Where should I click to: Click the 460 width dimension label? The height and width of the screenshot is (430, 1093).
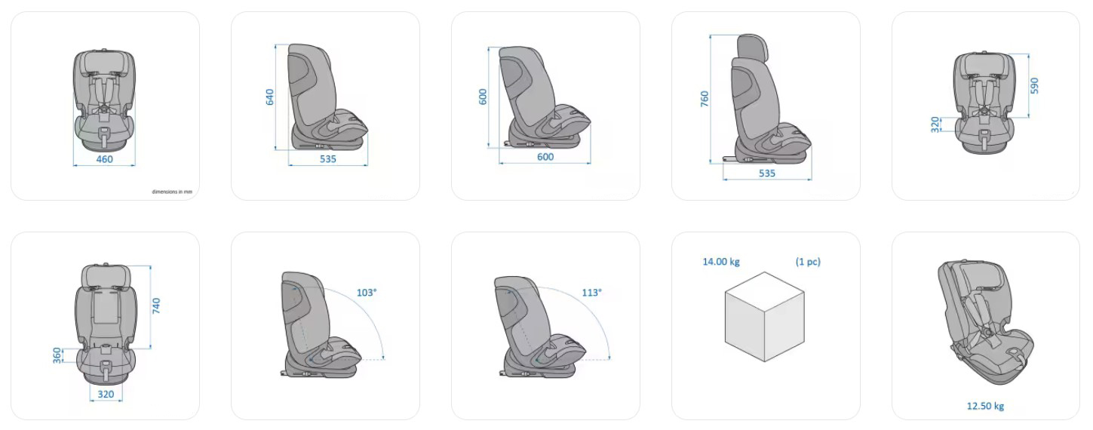pos(104,159)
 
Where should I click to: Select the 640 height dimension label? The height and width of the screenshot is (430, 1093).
pos(269,97)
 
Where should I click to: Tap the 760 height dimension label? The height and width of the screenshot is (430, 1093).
pos(704,99)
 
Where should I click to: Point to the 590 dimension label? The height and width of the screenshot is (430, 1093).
pos(1034,85)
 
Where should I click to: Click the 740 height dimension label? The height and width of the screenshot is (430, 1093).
pos(156,306)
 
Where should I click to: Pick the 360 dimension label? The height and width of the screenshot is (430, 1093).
pos(57,355)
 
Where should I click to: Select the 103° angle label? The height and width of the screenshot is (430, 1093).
pos(367,293)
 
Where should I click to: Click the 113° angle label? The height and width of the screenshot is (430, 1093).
pos(592,293)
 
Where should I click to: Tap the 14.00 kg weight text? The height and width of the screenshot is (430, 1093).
pos(721,262)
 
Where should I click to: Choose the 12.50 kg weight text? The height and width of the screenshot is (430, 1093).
pos(985,406)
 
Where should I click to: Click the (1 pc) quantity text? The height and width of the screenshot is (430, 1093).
pos(808,262)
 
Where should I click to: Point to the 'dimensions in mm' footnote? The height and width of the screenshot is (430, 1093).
pos(172,192)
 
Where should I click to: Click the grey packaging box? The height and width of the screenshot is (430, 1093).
pos(765,317)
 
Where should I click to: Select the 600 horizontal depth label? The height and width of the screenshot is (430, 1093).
pos(545,157)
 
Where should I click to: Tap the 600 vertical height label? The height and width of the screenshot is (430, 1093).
pos(483,97)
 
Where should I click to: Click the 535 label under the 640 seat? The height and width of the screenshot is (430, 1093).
pos(328,158)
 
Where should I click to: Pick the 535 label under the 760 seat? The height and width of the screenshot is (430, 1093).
pos(766,174)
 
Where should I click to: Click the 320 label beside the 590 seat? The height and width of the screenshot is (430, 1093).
pos(935,124)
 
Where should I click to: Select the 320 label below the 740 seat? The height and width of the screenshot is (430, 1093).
pos(106,395)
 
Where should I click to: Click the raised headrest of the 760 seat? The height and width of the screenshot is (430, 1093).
pos(752,46)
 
